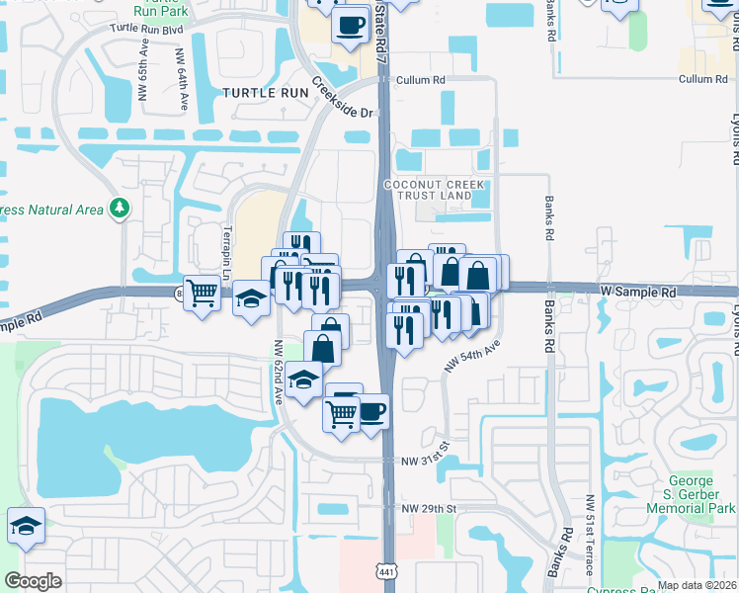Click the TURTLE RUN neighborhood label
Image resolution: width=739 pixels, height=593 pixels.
(x=265, y=92)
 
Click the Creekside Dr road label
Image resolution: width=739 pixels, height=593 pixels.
(x=346, y=99)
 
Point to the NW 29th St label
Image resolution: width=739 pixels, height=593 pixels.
(x=428, y=508)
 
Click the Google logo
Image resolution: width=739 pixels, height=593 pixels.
(x=33, y=581)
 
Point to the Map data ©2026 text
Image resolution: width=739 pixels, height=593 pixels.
(x=697, y=585)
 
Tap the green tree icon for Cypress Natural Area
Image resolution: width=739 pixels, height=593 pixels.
(x=120, y=208)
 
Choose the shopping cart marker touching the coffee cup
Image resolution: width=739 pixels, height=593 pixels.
(x=340, y=414)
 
